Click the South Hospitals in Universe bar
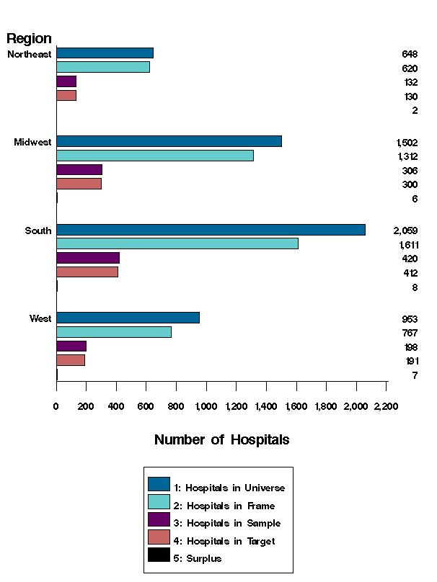pyautogui.click(x=211, y=230)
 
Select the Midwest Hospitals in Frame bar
pyautogui.click(x=154, y=156)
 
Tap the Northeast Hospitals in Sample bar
pyautogui.click(x=66, y=81)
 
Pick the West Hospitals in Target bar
pyautogui.click(x=71, y=360)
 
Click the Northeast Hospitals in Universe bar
pyautogui.click(x=105, y=53)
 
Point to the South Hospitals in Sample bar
pyautogui.click(x=88, y=258)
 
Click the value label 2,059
pyautogui.click(x=406, y=230)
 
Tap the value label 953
pyautogui.click(x=410, y=319)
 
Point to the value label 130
pyautogui.click(x=410, y=97)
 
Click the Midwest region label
pyautogui.click(x=32, y=142)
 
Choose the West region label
pyautogui.click(x=40, y=318)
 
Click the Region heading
pyautogui.click(x=29, y=39)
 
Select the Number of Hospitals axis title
pyautogui.click(x=221, y=439)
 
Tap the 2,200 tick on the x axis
pyautogui.click(x=386, y=406)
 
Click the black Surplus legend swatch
pyautogui.click(x=159, y=555)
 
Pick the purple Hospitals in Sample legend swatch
pyautogui.click(x=159, y=519)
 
